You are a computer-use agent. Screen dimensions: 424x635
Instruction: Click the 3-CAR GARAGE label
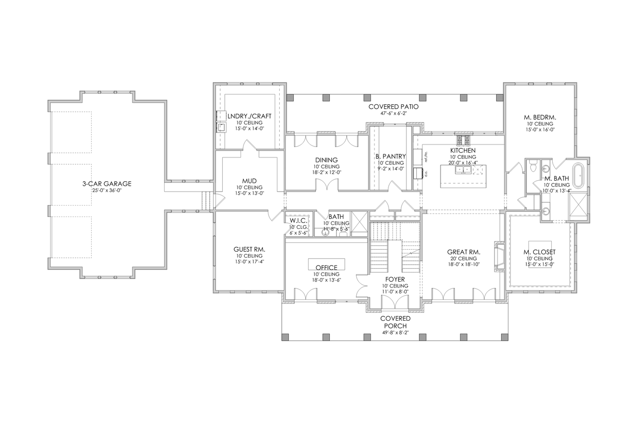coord(107,183)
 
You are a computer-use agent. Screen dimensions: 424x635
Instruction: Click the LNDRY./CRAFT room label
coord(249,116)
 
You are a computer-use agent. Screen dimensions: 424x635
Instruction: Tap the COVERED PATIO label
coord(393,107)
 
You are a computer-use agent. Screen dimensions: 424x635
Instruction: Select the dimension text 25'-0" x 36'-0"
coord(107,190)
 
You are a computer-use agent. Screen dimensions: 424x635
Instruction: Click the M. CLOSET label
coord(539,252)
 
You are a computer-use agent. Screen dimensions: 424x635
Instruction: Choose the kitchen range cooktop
coord(462,140)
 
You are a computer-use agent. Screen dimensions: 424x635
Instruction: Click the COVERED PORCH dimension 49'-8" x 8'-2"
coord(395,333)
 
